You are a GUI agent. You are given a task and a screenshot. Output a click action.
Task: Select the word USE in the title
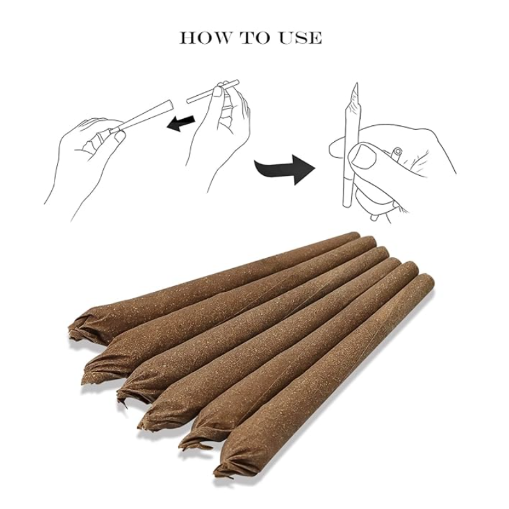pyautogui.click(x=301, y=38)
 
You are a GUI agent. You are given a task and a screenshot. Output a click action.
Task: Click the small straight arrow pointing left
pyautogui.click(x=181, y=123)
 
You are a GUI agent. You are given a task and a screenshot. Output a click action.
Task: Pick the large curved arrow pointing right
pyautogui.click(x=286, y=169)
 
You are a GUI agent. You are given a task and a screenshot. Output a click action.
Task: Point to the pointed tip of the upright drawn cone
pyautogui.click(x=357, y=83)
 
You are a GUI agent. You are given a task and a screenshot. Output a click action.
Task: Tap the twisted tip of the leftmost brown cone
pyautogui.click(x=77, y=328)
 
